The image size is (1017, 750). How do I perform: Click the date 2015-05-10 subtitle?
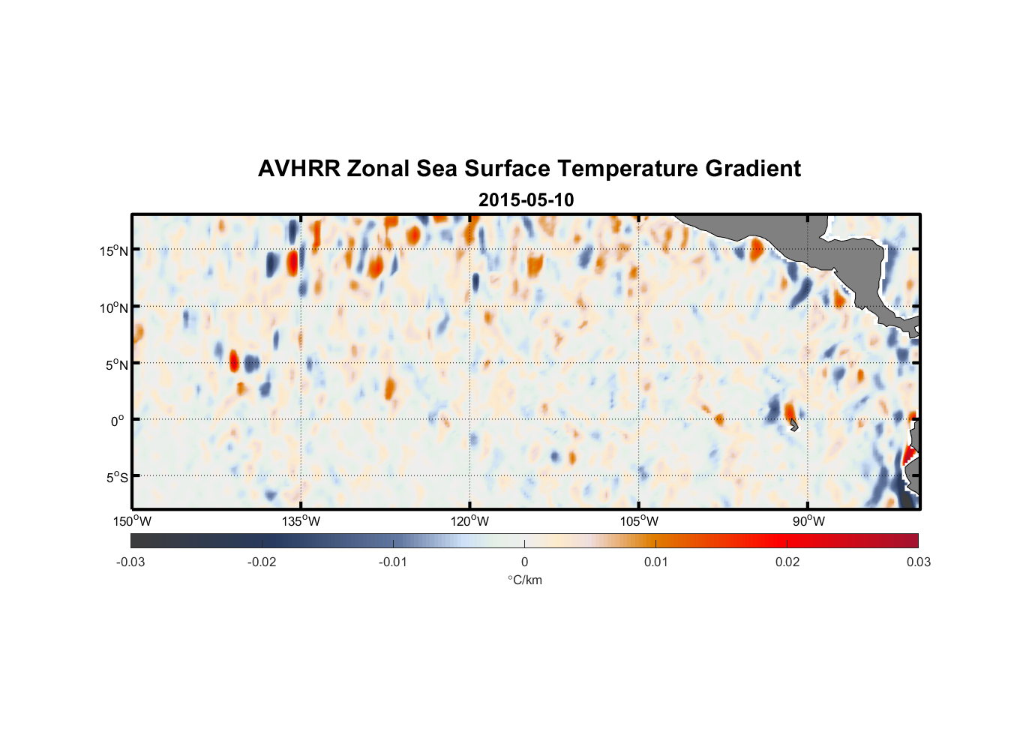pyautogui.click(x=526, y=200)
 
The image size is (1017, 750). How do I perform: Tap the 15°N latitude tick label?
pyautogui.click(x=114, y=250)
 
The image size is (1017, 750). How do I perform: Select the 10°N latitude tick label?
pyautogui.click(x=114, y=307)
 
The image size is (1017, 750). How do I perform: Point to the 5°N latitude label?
pyautogui.click(x=116, y=364)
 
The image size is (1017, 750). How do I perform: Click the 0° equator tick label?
pyautogui.click(x=118, y=421)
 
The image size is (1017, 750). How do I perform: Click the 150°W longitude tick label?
pyautogui.click(x=132, y=521)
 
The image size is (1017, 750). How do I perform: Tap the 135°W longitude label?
pyautogui.click(x=301, y=521)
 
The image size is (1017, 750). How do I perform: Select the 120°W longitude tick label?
pyautogui.click(x=470, y=521)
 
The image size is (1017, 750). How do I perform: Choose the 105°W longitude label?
pyautogui.click(x=639, y=521)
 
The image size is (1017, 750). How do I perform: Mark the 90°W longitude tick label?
pyautogui.click(x=808, y=521)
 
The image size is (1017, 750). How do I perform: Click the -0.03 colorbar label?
pyautogui.click(x=130, y=562)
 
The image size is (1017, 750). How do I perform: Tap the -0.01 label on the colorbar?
pyautogui.click(x=393, y=562)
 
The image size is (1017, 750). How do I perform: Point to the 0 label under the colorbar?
pyautogui.click(x=524, y=562)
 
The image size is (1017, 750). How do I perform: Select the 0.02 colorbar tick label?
pyautogui.click(x=787, y=562)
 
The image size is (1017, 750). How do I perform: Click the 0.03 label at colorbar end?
pyautogui.click(x=918, y=562)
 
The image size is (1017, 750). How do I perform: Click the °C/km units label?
pyautogui.click(x=524, y=580)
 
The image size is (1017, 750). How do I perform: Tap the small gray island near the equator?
pyautogui.click(x=794, y=425)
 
